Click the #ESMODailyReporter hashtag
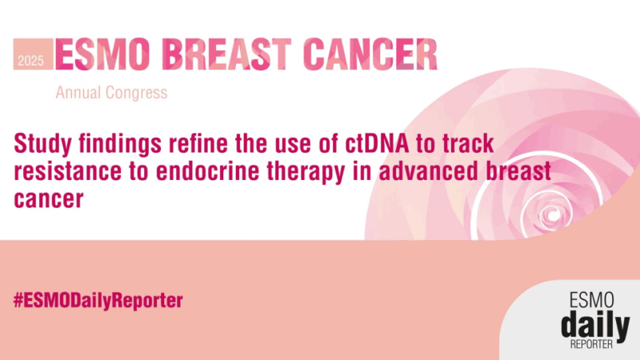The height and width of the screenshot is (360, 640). (x=98, y=301)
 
